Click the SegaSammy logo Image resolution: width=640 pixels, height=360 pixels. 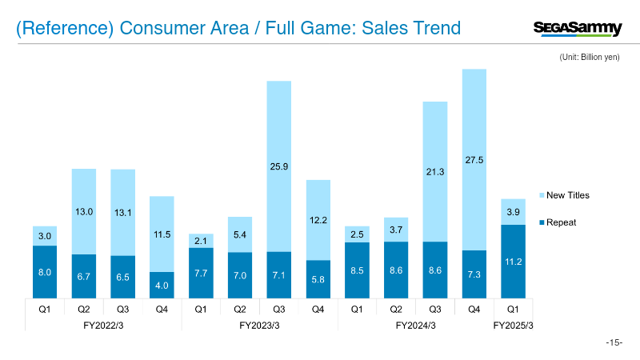click(x=577, y=29)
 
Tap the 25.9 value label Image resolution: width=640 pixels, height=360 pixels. click(x=278, y=166)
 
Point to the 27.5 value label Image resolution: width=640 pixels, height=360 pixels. click(x=474, y=161)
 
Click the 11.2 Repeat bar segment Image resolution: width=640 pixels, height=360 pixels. click(x=513, y=261)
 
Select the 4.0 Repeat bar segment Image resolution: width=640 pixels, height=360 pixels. click(x=162, y=285)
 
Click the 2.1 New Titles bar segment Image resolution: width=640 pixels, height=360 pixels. click(x=201, y=241)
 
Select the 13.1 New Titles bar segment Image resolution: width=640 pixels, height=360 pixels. click(x=122, y=212)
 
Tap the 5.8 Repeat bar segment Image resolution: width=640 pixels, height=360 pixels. click(x=318, y=278)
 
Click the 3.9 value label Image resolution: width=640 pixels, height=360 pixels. click(x=513, y=211)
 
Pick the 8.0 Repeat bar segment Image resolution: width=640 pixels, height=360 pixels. click(x=45, y=271)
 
